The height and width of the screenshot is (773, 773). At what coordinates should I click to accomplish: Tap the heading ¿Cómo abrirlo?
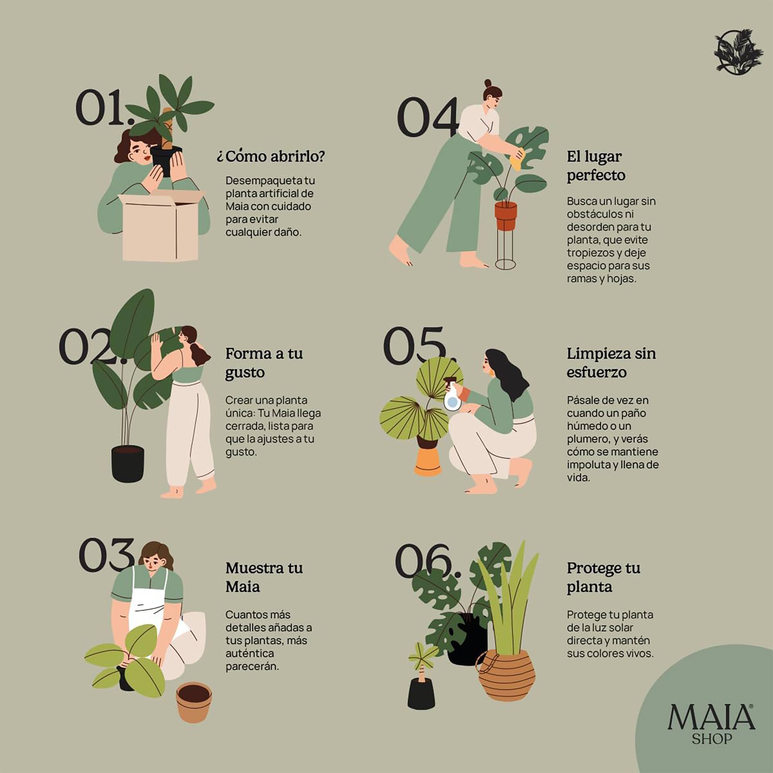click(x=271, y=156)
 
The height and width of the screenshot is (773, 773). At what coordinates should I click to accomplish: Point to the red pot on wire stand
click(x=505, y=216)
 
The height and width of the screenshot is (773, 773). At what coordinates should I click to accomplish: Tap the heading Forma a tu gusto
click(x=264, y=363)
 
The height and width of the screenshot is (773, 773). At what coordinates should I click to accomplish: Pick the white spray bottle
click(x=453, y=397)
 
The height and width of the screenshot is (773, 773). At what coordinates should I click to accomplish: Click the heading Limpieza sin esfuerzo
click(x=611, y=363)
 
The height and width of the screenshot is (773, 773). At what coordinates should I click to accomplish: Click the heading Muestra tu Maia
click(x=264, y=577)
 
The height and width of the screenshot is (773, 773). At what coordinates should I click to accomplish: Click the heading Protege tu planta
click(x=603, y=577)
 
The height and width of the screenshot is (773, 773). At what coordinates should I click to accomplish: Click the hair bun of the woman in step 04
click(x=488, y=83)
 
